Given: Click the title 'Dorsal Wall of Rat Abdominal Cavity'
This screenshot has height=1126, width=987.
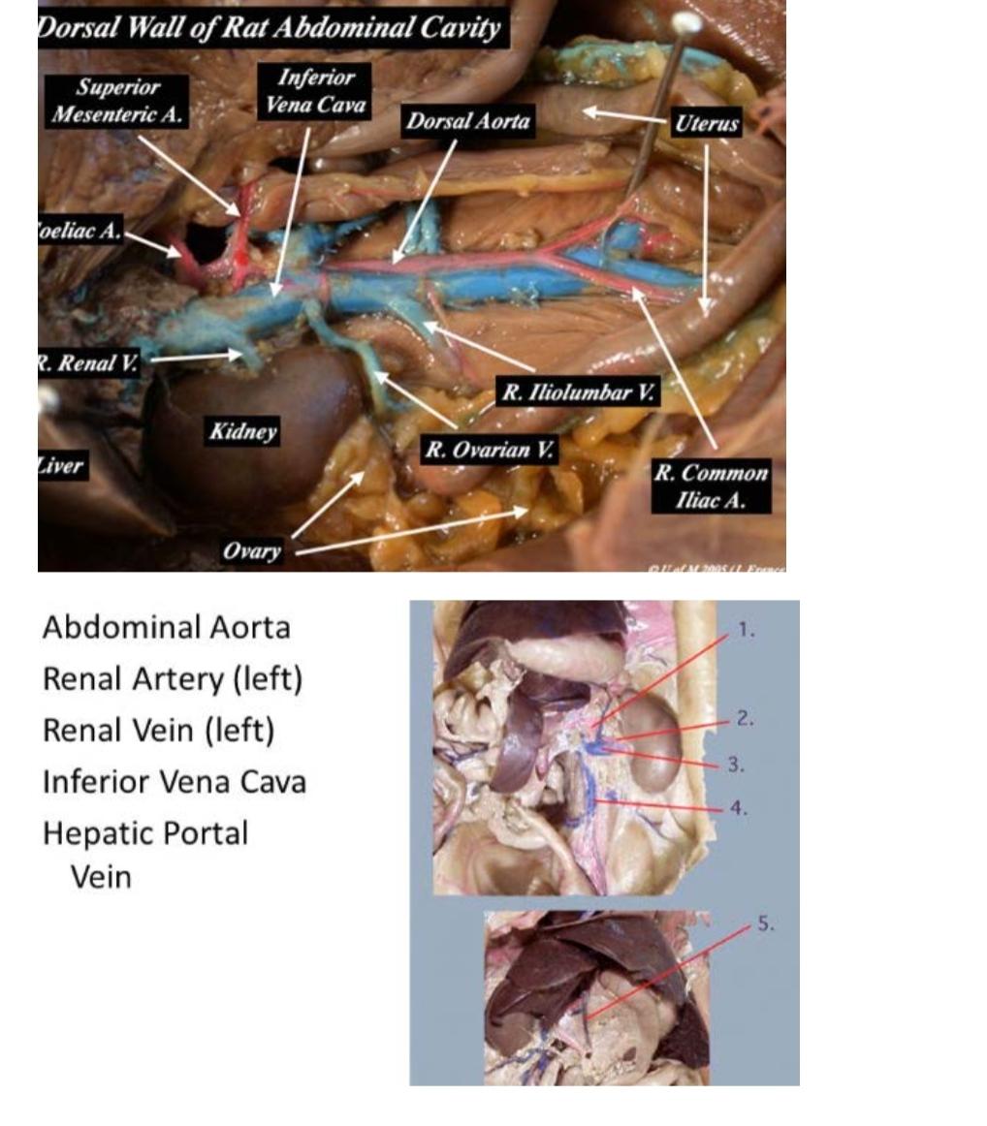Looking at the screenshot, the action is (x=271, y=27).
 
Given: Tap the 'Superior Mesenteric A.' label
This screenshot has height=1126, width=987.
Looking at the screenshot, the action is (x=118, y=101).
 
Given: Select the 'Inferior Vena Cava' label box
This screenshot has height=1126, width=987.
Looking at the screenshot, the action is (x=316, y=91).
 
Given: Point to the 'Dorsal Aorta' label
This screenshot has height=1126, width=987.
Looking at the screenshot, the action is (x=468, y=121).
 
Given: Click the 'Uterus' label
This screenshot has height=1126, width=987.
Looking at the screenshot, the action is (x=707, y=123).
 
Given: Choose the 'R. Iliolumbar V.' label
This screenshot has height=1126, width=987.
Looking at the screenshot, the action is (x=579, y=392).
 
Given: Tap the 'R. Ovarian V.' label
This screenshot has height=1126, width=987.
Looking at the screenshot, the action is (x=491, y=450).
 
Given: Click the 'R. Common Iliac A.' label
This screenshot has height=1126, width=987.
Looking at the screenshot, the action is (x=711, y=486).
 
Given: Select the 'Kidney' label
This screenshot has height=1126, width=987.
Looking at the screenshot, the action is (x=241, y=431).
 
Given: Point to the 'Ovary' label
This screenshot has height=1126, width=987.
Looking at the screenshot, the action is (x=251, y=550).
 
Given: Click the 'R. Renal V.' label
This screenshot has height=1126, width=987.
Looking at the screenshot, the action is (x=87, y=363).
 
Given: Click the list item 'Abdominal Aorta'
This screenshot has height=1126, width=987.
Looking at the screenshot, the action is (x=166, y=627).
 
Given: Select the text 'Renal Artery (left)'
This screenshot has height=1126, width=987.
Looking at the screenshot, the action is (x=173, y=678).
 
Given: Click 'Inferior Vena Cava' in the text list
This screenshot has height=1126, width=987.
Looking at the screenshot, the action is (x=174, y=781).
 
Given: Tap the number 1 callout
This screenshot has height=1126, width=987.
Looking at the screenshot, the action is (x=745, y=630).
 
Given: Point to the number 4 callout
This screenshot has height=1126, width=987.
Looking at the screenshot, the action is (x=738, y=807).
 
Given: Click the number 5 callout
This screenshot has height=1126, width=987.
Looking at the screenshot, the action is (x=765, y=924).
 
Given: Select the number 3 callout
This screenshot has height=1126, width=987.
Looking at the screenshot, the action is (x=737, y=765).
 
